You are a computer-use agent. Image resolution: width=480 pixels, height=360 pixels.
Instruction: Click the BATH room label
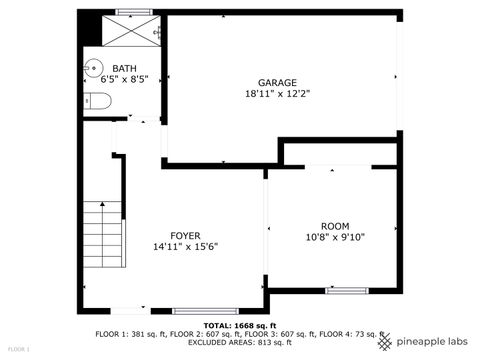pos(125,69)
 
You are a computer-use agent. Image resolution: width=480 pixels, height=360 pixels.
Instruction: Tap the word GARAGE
pos(277,82)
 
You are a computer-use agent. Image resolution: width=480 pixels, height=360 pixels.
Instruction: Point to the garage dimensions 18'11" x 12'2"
pos(277,93)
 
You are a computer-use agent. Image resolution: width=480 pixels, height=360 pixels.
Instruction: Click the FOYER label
pos(185,235)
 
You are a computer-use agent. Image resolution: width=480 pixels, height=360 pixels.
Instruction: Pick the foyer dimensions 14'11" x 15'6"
pos(185,246)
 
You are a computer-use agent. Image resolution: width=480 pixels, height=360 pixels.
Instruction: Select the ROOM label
pos(335,226)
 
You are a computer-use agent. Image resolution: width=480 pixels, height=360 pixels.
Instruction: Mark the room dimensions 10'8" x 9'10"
pos(335,237)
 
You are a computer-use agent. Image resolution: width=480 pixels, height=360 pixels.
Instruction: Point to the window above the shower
pos(132,12)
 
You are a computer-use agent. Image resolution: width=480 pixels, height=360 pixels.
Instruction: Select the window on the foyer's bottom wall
pos(205,311)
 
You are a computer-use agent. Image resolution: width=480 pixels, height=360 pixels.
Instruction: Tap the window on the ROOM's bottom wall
pos(345,291)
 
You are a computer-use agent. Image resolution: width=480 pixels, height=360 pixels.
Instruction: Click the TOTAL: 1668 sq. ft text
pos(240,326)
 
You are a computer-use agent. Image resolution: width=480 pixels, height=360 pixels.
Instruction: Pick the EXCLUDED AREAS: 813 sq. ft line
pos(240,342)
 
